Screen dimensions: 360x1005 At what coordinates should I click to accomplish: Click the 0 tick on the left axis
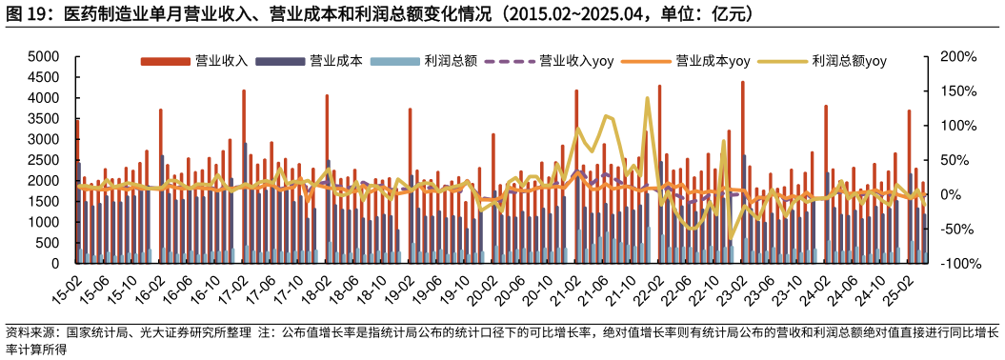(x=57, y=264)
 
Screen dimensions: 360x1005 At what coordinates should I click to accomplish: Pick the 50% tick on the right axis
(x=956, y=160)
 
